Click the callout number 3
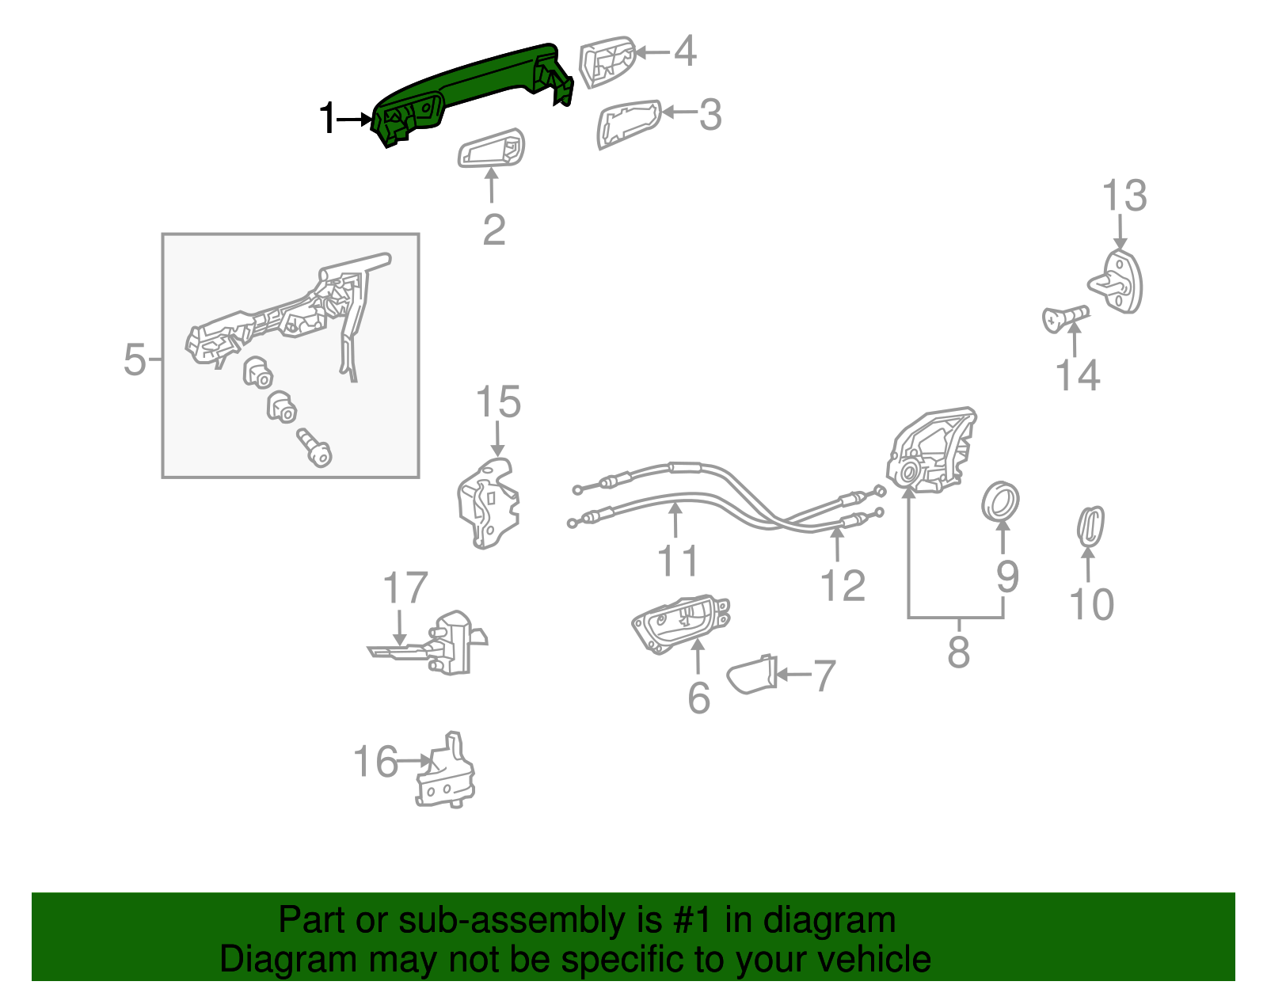(710, 115)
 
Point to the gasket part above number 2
(492, 149)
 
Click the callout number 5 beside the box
(135, 360)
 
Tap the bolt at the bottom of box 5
(315, 447)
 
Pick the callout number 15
(498, 402)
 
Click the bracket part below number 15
(489, 504)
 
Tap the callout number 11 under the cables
(678, 561)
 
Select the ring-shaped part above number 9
(1000, 500)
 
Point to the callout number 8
(958, 653)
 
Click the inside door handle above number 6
(681, 623)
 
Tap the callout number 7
(824, 676)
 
